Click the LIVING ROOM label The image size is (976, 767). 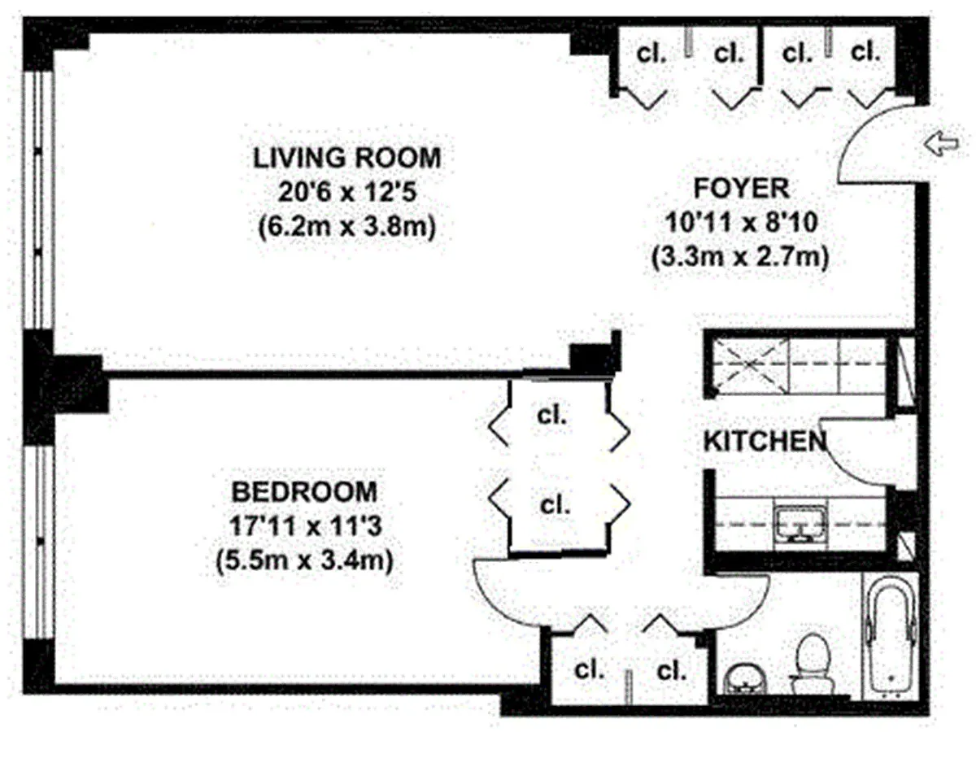346,158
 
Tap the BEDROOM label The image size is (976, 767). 304,492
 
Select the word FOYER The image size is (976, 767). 741,188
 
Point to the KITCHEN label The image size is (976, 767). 765,441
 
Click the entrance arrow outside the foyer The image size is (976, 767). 941,144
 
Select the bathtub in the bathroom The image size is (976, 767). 891,638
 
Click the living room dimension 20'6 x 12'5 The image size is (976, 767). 347,192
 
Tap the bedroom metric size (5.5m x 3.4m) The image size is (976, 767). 304,560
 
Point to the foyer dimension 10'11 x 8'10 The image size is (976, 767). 741,222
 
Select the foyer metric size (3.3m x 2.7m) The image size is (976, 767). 740,257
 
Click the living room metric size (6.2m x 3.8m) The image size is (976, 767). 347,227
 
